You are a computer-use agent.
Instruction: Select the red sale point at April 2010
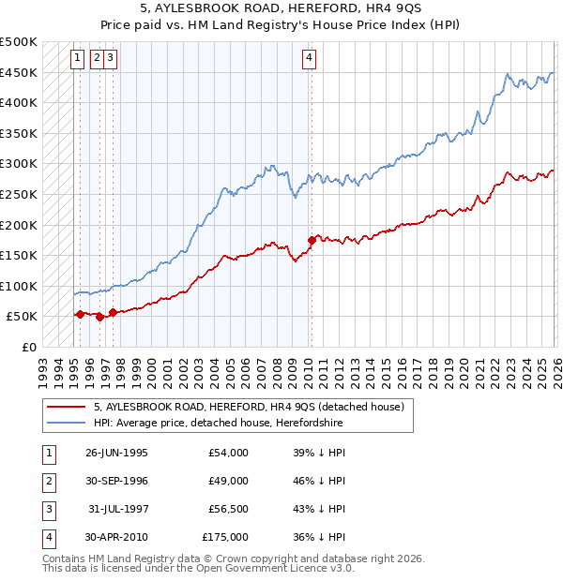pos(312,240)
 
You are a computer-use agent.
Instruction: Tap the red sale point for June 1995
pos(80,314)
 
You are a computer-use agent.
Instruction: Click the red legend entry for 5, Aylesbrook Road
pos(249,407)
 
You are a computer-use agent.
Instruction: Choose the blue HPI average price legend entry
pos(218,424)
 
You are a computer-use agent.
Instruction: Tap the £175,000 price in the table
pos(225,537)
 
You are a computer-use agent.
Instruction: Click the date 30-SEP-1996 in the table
pos(116,481)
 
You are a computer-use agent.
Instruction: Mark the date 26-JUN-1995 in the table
pos(116,453)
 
